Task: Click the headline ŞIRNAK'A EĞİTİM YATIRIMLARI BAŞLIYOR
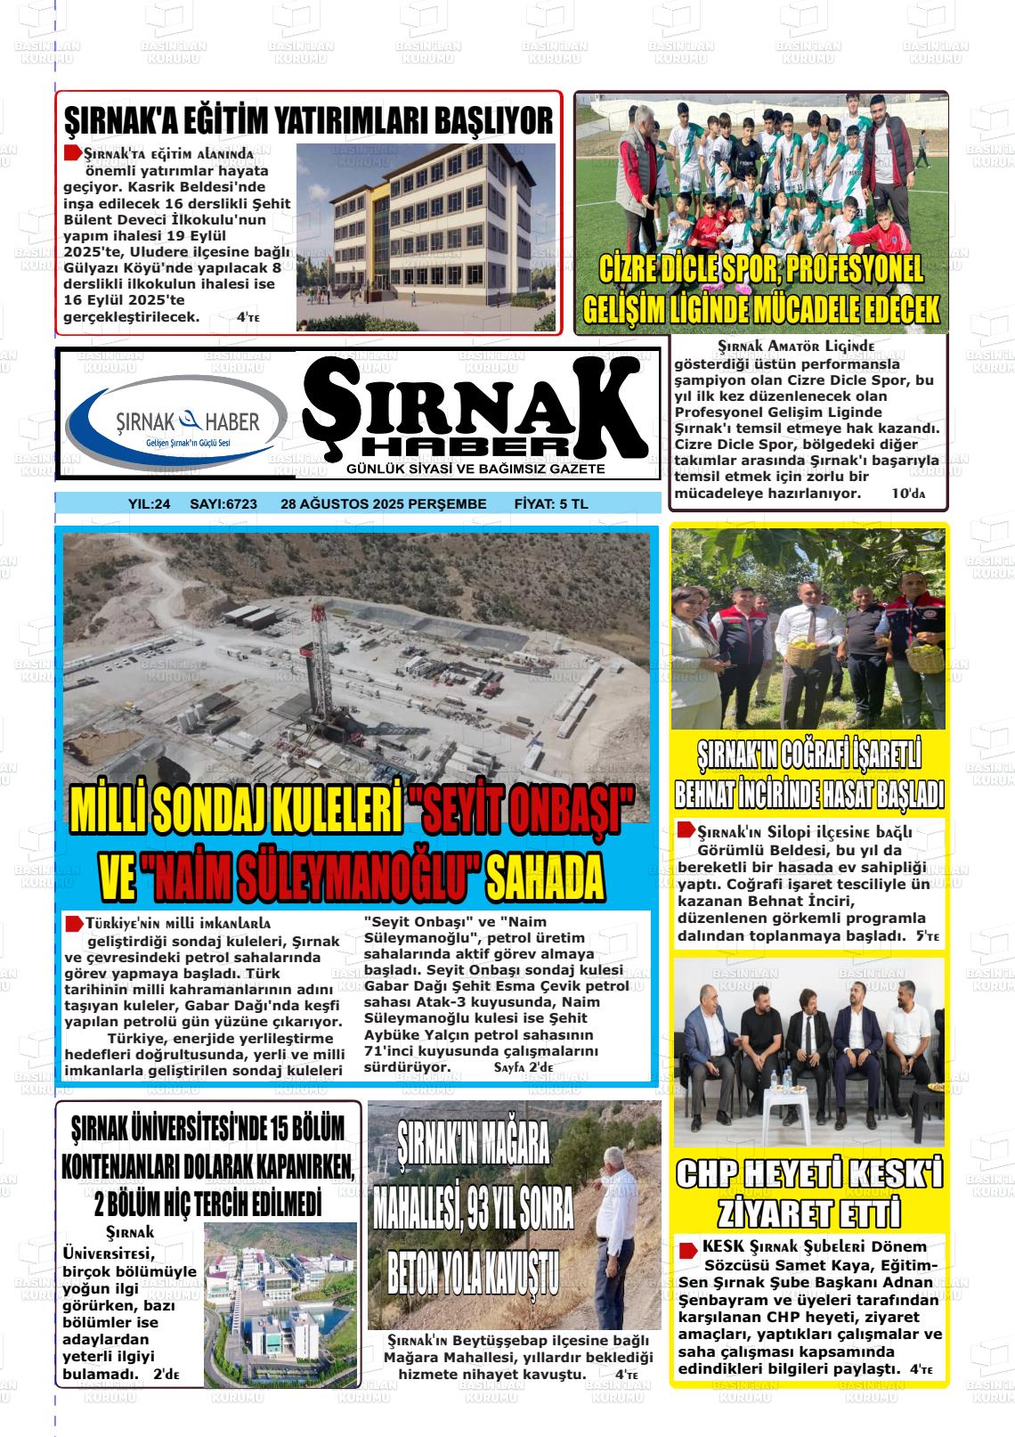pos(309,119)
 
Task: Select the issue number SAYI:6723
pos(223,504)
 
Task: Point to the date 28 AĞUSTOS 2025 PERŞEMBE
pos(384,504)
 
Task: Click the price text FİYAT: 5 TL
pos(551,504)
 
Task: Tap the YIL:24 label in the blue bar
pos(150,504)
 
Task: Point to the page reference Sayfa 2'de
pos(524,1067)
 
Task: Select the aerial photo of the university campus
pos(280,1292)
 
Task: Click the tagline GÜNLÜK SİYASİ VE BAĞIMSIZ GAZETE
pos(476,469)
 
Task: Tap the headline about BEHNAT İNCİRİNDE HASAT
pos(809,776)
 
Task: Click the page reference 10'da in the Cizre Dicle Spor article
pos(908,493)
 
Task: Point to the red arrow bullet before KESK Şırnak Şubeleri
pos(687,1249)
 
